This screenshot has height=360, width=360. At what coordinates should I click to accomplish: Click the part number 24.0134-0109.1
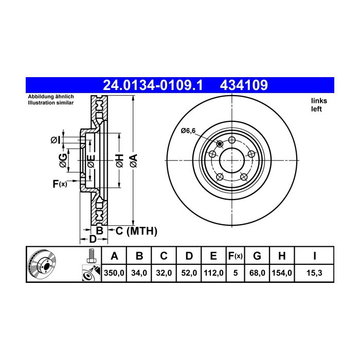[153, 85]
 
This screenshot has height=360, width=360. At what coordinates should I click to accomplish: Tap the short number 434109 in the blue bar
[244, 85]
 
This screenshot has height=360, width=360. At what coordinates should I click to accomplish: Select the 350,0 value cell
[114, 273]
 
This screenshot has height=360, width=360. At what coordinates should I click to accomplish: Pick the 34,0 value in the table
[139, 273]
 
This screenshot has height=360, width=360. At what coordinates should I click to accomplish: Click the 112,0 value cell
[213, 273]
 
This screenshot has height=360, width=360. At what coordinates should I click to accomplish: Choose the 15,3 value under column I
[314, 273]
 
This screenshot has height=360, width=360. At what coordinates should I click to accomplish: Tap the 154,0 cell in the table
[282, 273]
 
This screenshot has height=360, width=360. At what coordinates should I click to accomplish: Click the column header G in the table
[257, 256]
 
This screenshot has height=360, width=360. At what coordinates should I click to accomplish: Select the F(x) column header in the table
[236, 256]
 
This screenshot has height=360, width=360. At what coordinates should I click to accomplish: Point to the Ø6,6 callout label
[188, 131]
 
